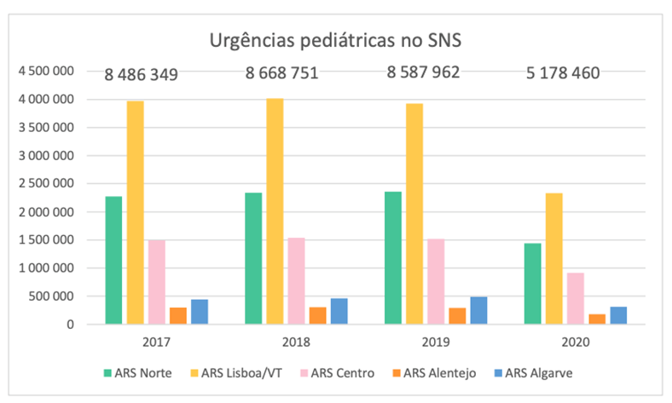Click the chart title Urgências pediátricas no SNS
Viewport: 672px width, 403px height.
click(x=336, y=40)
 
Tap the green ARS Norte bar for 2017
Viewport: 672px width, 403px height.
click(x=113, y=260)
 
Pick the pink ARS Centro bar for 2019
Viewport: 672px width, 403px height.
click(x=436, y=281)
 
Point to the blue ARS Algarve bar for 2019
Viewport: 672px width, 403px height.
click(x=478, y=310)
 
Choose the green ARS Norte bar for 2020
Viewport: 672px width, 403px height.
click(x=533, y=283)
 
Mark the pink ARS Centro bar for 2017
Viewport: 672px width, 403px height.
click(x=156, y=281)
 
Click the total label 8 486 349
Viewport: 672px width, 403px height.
click(x=142, y=75)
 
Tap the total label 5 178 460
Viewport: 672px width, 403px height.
click(x=563, y=72)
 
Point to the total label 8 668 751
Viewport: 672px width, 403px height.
click(x=281, y=72)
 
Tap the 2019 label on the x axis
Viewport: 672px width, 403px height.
click(x=436, y=343)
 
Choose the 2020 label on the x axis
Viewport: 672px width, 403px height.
click(x=576, y=343)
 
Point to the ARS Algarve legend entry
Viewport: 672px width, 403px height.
click(x=536, y=372)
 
